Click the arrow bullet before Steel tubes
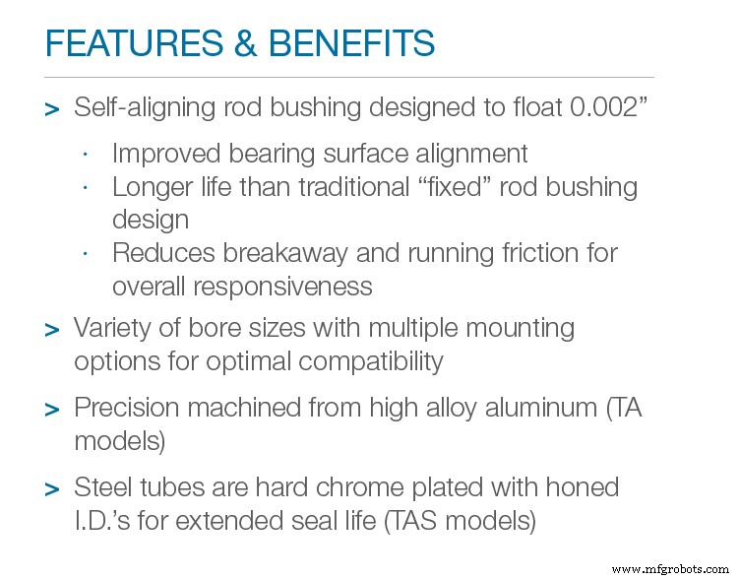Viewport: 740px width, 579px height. point(52,489)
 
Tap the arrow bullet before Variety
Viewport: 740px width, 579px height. point(52,330)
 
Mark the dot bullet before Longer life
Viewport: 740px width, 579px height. point(86,187)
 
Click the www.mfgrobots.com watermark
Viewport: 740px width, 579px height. point(668,568)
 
